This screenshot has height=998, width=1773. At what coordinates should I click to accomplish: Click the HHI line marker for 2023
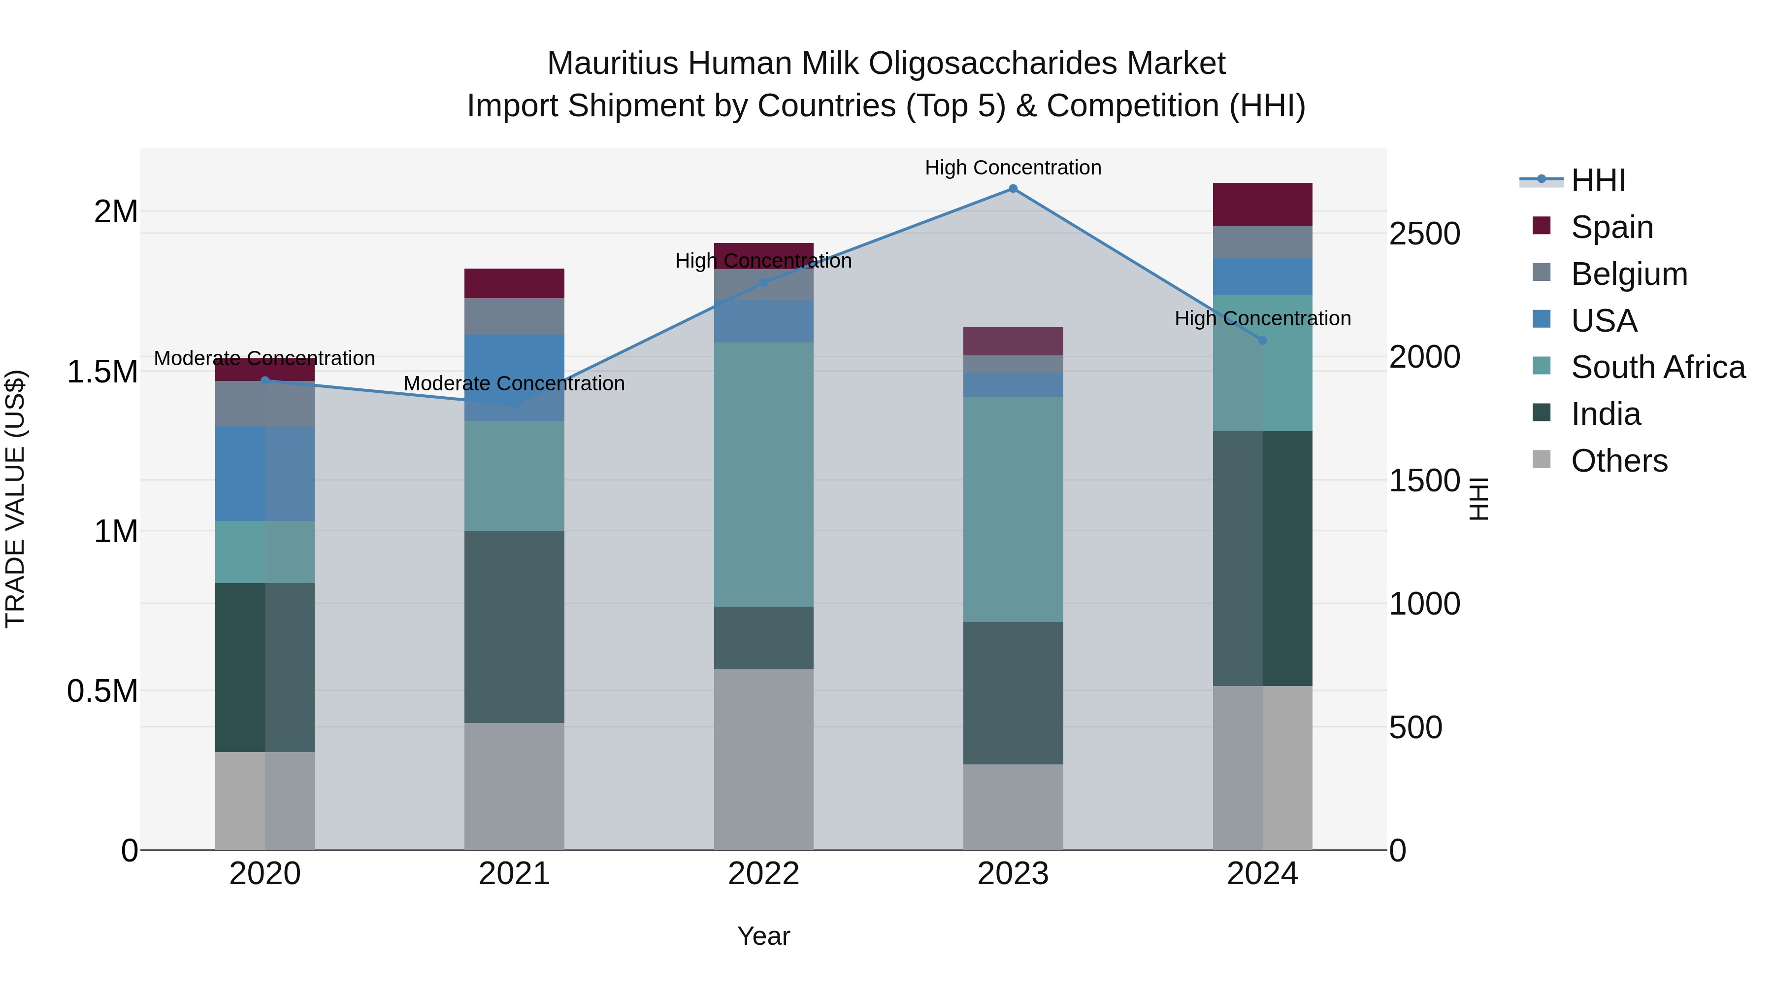[1013, 189]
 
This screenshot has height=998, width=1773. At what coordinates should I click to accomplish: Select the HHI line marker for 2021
[514, 404]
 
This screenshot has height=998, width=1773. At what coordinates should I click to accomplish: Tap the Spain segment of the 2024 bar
[1262, 205]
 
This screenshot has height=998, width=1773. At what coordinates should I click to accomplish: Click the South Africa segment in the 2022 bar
[763, 475]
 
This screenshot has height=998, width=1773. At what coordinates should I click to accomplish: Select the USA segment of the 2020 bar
[265, 473]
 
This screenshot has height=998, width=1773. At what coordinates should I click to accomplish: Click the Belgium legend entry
[1629, 274]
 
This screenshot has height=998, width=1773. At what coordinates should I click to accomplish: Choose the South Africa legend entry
[1657, 367]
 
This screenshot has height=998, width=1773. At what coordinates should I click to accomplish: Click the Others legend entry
[1619, 461]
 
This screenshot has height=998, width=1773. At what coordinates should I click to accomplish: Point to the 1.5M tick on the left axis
[102, 372]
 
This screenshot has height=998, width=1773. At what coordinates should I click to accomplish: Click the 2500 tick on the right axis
[1424, 234]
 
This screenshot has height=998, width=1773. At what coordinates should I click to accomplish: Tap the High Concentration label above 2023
[1013, 168]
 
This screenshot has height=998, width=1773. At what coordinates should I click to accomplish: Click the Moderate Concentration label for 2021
[514, 383]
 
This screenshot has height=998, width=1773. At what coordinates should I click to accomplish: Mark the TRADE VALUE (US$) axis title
[16, 499]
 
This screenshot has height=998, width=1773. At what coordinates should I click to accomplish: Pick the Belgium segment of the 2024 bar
[1262, 242]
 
